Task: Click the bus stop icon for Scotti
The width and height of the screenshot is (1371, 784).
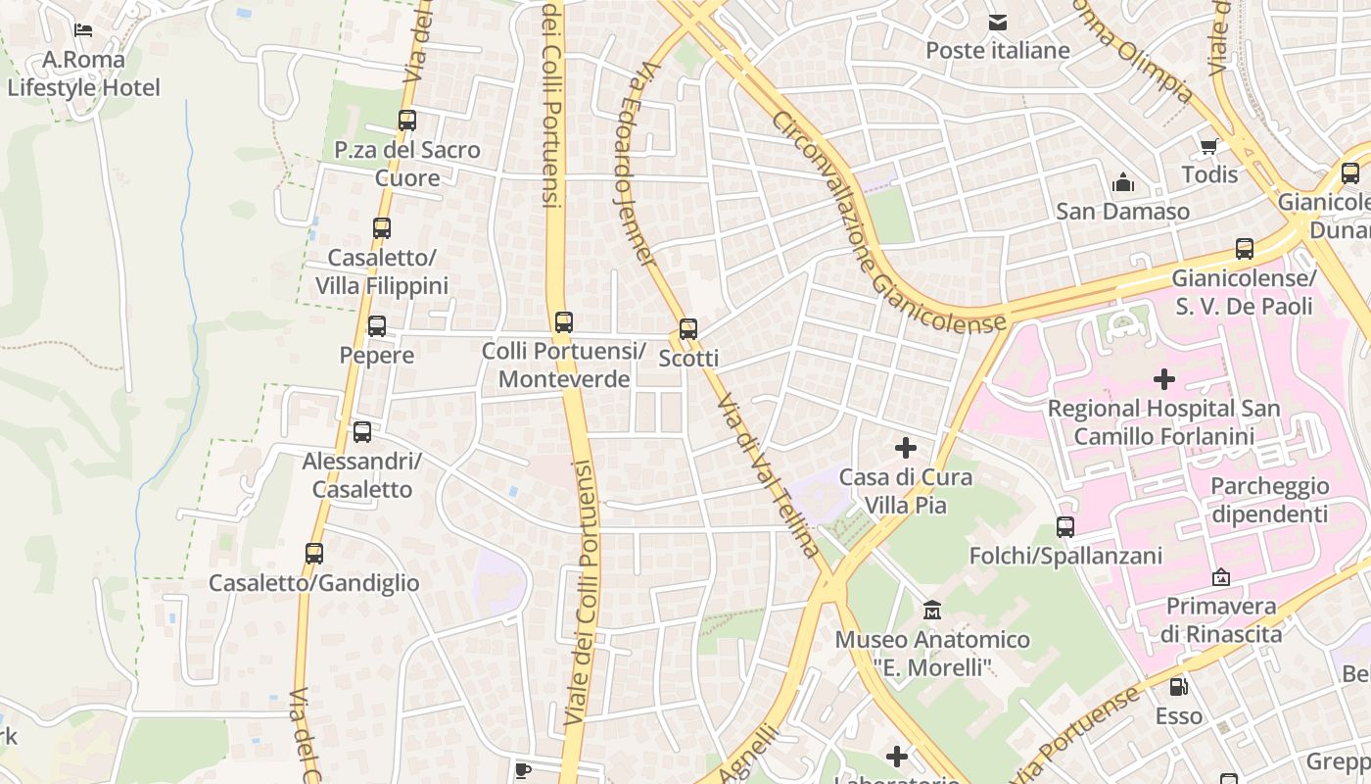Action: (688, 329)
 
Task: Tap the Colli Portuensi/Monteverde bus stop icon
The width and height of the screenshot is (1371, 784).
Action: (563, 322)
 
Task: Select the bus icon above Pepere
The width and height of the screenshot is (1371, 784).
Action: (377, 326)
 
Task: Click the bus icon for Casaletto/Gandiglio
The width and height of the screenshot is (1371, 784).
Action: (314, 554)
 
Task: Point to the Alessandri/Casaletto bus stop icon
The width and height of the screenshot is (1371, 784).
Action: (362, 432)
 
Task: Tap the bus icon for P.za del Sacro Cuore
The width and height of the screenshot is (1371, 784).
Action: (407, 121)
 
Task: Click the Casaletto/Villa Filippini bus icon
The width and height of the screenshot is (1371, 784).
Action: (382, 228)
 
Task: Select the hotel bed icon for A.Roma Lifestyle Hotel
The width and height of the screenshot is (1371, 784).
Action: (83, 30)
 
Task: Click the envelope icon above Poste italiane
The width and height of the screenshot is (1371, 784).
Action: (997, 22)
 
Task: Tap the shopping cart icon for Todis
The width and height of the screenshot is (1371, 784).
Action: (1209, 147)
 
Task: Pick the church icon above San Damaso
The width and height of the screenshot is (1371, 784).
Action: (1122, 182)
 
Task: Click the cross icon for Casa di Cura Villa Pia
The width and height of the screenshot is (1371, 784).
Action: (906, 449)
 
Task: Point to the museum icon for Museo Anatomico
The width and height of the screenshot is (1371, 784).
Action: (932, 611)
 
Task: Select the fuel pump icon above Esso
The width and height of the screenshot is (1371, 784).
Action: (1179, 687)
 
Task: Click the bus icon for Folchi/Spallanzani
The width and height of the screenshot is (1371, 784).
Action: (1065, 527)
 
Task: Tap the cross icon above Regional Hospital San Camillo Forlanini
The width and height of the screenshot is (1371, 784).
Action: (1164, 379)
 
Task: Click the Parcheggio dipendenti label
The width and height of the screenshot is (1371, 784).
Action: (1269, 500)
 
